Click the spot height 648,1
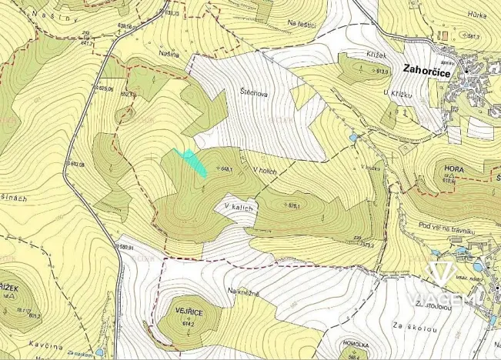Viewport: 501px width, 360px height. pyautogui.click(x=225, y=168)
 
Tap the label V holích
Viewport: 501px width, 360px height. pyautogui.click(x=263, y=171)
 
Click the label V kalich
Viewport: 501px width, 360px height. pyautogui.click(x=239, y=207)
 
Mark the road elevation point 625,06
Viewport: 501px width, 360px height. pyautogui.click(x=105, y=88)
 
